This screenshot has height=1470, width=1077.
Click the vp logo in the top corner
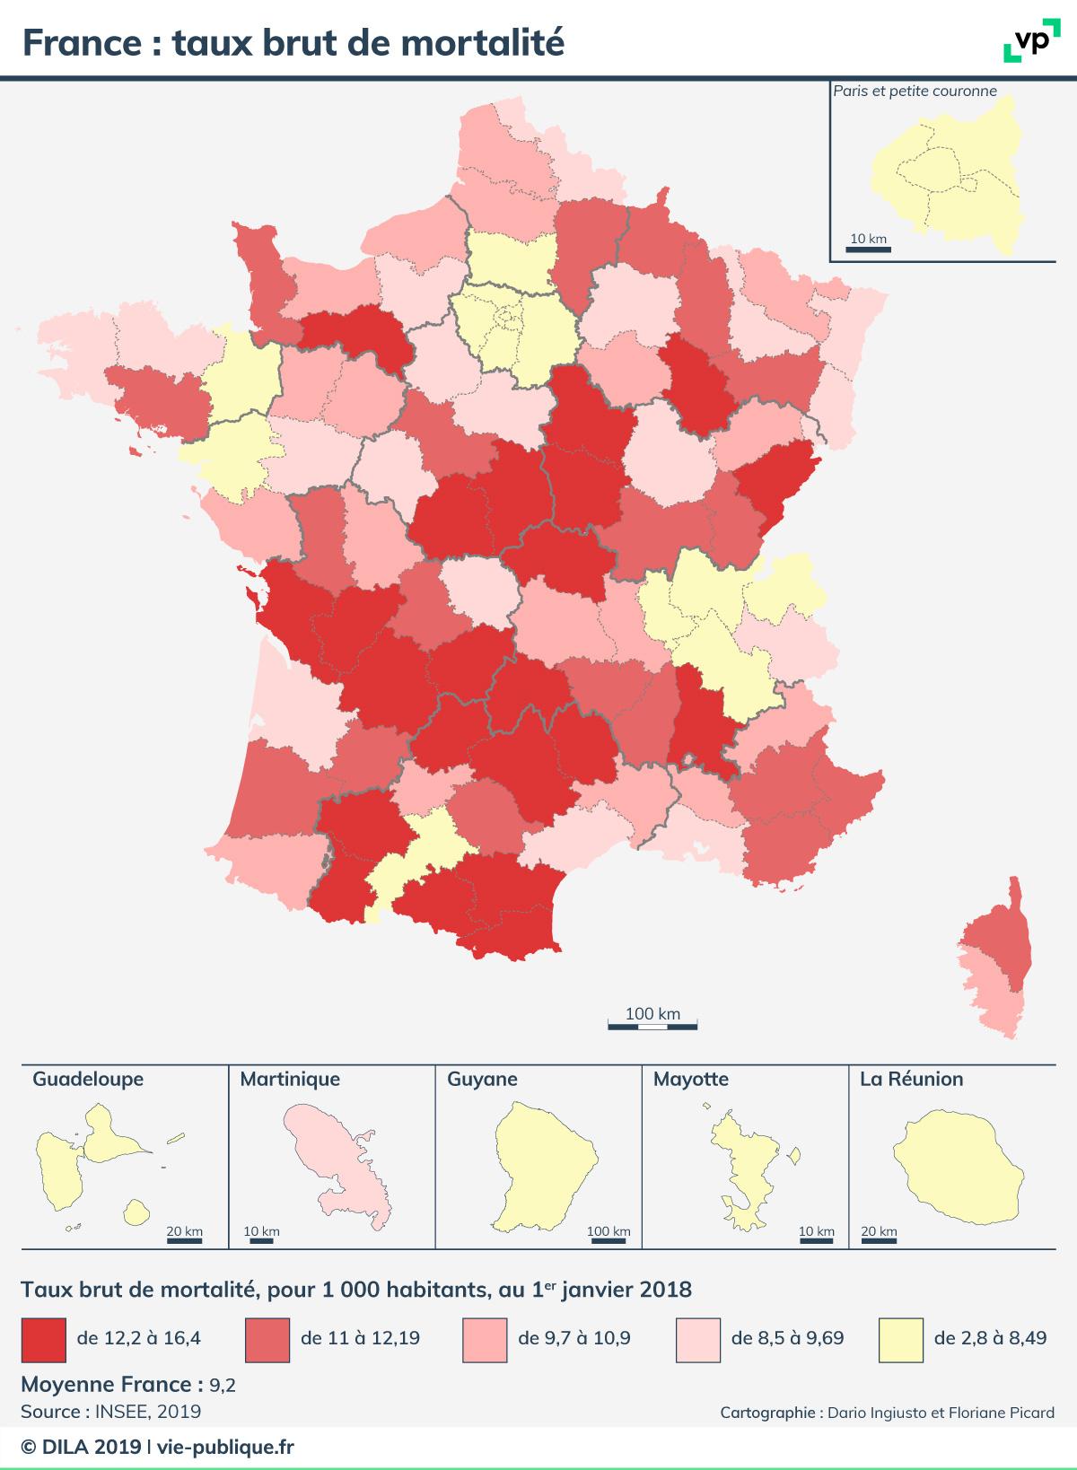1027,42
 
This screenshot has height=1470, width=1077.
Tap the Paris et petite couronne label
915,91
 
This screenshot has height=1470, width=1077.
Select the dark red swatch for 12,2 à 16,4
43,1339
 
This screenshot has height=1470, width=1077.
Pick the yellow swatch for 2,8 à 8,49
901,1339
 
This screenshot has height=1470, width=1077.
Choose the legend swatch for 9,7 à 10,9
485,1339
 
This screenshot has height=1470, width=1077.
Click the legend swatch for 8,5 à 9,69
698,1339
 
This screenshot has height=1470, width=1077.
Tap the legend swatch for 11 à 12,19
267,1339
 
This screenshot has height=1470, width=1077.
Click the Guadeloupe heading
88,1079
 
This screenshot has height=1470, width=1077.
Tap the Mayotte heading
691,1079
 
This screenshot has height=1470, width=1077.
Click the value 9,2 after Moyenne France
223,1386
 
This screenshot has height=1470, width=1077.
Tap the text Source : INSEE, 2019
110,1412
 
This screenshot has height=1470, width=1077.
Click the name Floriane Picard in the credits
1005,1413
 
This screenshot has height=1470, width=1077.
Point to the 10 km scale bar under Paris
868,249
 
